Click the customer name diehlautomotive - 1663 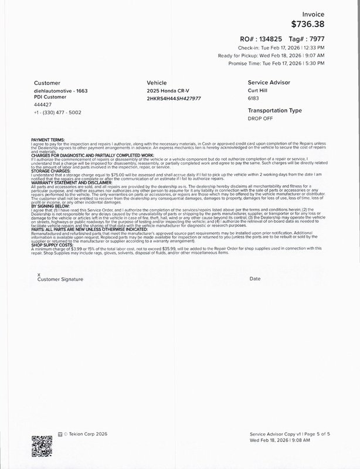(62, 92)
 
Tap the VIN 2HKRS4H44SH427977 (174, 98)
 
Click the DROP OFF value (260, 119)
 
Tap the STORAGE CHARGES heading (51, 172)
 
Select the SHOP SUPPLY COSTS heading (55, 245)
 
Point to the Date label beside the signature (254, 279)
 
